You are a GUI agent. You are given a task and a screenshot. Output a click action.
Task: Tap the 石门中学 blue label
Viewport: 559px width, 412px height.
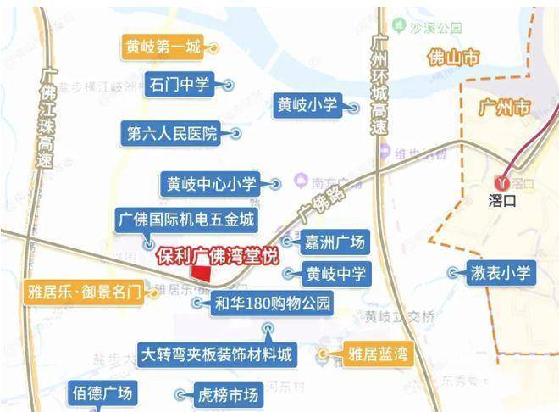pyautogui.click(x=179, y=85)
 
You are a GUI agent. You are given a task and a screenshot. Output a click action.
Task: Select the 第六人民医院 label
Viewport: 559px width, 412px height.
pyautogui.click(x=172, y=133)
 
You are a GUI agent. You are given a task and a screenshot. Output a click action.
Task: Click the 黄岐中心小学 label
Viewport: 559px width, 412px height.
pyautogui.click(x=212, y=183)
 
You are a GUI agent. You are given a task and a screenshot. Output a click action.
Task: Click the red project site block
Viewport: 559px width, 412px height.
pyautogui.click(x=202, y=273)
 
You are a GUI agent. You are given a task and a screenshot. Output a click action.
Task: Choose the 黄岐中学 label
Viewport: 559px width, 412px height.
pyautogui.click(x=336, y=274)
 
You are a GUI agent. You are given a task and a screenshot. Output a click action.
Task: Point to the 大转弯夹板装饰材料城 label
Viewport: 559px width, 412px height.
pyautogui.click(x=219, y=353)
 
